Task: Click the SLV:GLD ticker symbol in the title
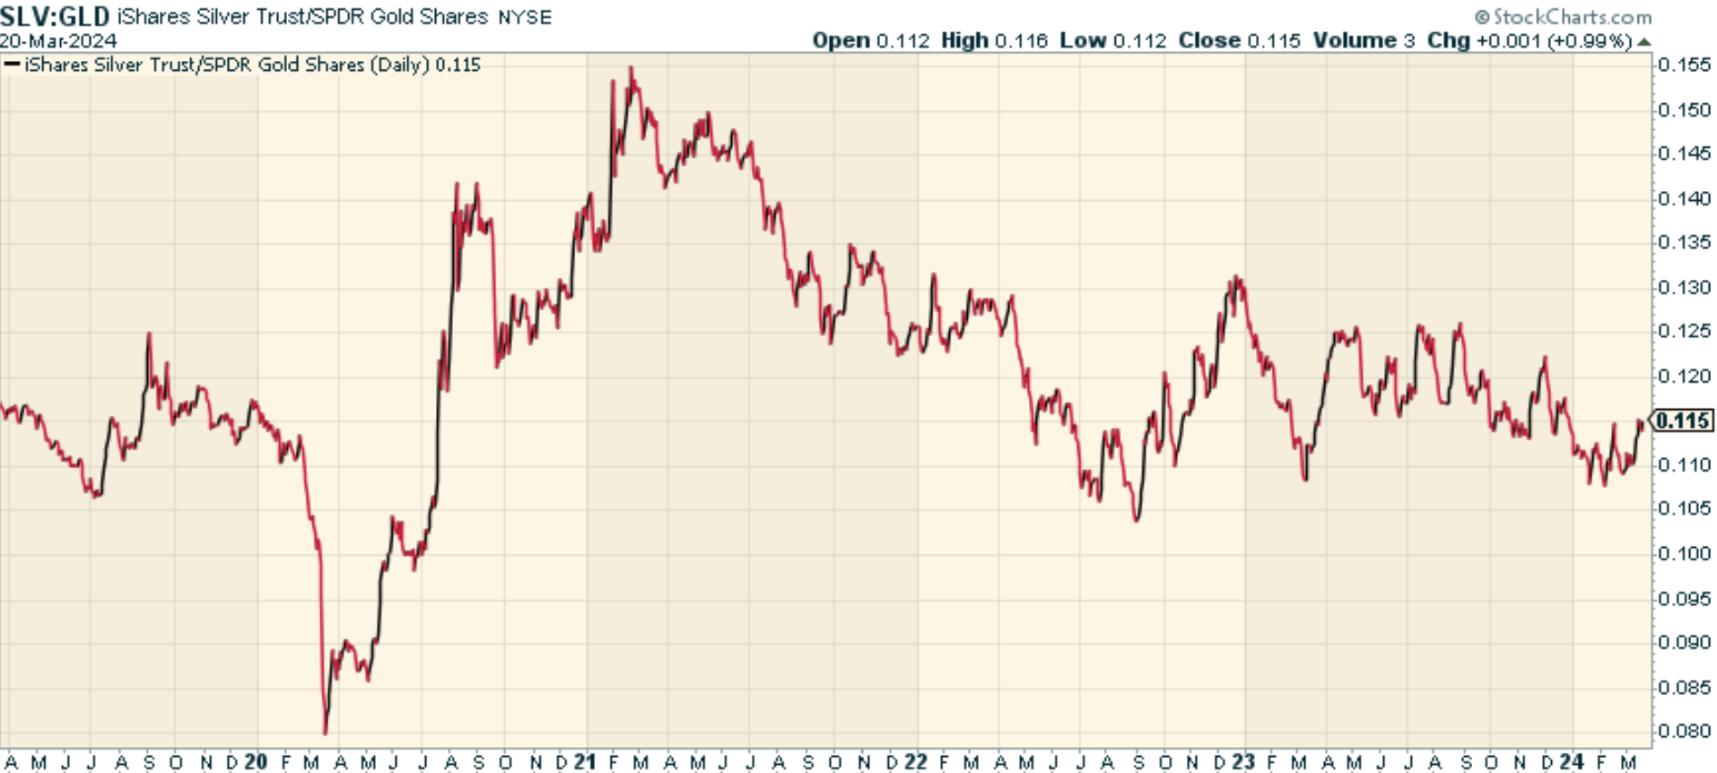56,16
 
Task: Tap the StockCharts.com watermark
1563,17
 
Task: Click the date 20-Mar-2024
58,41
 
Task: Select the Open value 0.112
902,41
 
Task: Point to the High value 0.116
1020,41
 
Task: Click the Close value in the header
1273,41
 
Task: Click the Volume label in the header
1355,41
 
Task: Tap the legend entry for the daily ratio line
243,65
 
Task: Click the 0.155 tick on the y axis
1684,65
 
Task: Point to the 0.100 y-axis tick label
1684,553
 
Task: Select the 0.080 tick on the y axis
1684,731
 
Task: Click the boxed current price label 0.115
1682,421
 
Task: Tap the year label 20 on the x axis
256,762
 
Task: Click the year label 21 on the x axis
585,762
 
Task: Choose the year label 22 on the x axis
915,762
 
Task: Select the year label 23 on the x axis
1243,762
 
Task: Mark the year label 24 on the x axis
1572,762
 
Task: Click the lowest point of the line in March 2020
325,734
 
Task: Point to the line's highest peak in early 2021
632,67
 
